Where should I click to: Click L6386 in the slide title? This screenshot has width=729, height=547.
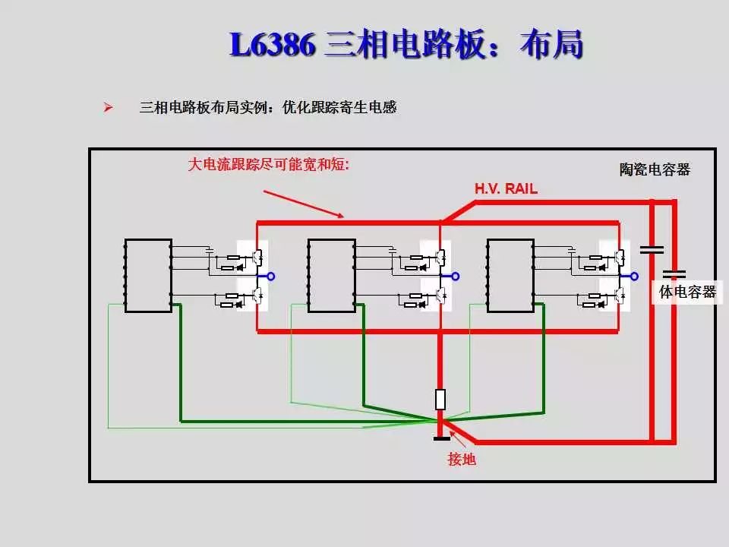tap(272, 46)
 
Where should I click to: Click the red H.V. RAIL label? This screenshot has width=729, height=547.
tap(506, 189)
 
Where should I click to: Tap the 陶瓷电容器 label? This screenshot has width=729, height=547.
tap(654, 169)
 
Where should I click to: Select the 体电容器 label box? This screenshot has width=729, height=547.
tap(686, 292)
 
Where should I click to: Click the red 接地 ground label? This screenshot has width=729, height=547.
tap(462, 459)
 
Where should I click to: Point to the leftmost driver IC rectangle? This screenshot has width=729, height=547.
tap(148, 275)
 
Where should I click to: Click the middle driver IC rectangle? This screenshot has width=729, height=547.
tap(331, 275)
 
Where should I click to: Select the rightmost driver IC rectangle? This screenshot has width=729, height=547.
tap(510, 275)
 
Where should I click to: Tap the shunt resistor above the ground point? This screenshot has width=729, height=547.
tap(440, 399)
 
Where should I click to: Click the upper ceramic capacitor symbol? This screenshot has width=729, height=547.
tap(652, 248)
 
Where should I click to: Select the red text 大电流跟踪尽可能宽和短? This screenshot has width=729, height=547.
tap(268, 164)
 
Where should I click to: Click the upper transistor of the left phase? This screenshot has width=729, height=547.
tap(258, 255)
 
